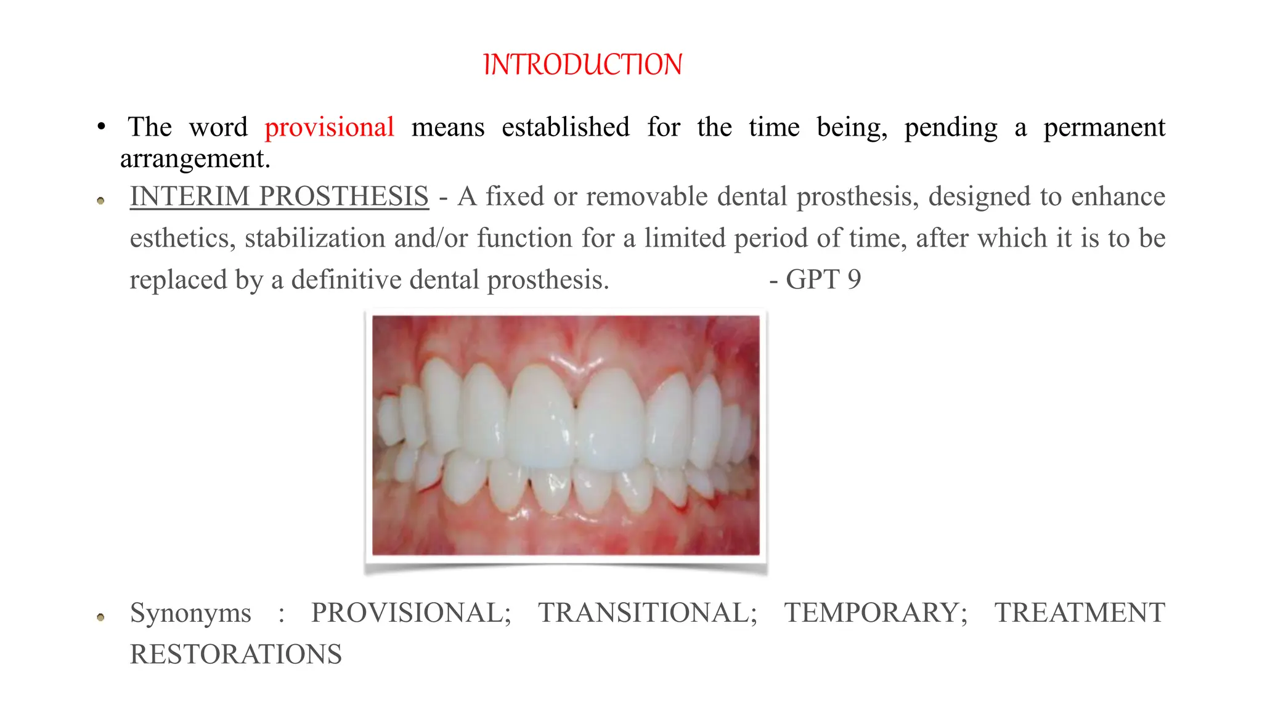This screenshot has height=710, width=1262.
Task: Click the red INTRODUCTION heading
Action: click(x=582, y=65)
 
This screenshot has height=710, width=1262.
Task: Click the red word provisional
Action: click(x=329, y=128)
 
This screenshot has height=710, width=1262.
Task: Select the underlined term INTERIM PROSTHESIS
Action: click(x=279, y=197)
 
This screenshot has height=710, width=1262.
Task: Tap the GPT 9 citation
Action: click(x=816, y=280)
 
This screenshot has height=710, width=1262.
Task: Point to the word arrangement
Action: click(x=195, y=159)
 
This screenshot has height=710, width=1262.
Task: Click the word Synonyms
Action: click(x=190, y=613)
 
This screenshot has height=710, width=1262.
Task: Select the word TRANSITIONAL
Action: click(x=647, y=613)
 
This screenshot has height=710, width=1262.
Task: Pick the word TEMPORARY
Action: click(x=875, y=613)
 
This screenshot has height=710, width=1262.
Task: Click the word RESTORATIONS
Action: click(x=235, y=655)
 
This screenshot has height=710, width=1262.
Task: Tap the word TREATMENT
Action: click(x=1080, y=613)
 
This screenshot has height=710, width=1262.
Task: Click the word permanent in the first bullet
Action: click(x=1104, y=128)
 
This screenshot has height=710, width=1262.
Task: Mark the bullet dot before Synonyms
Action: click(x=101, y=617)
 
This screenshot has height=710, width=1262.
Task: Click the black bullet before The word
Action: click(x=101, y=128)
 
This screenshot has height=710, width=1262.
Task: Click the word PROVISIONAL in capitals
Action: click(x=410, y=613)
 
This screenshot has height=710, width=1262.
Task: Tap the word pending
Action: click(x=950, y=128)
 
